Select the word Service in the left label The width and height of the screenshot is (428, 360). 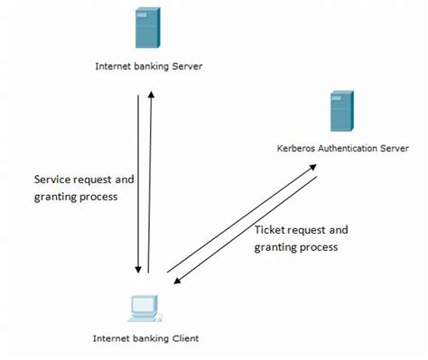[52, 179]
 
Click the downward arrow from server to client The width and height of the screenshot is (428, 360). [137, 180]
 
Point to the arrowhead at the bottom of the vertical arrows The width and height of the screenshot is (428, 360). [137, 268]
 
